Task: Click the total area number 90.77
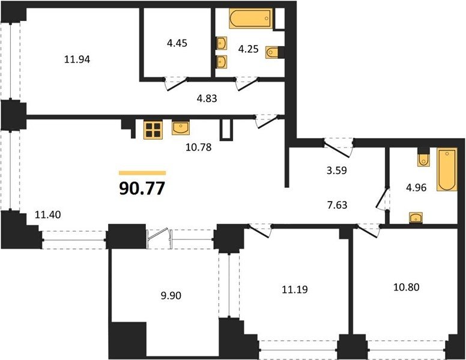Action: point(142,188)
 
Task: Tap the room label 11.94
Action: point(77,60)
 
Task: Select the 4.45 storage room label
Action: point(177,43)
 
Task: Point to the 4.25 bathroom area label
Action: point(249,49)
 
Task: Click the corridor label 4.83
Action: point(207,98)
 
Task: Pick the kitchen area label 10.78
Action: point(199,147)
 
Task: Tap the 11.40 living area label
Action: point(48,214)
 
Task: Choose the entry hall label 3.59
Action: point(337,170)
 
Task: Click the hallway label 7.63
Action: point(337,205)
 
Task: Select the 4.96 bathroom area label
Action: point(416,188)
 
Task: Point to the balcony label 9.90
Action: point(171,296)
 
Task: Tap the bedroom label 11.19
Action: point(295,289)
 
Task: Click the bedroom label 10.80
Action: point(407,287)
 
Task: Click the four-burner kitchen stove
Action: point(153,130)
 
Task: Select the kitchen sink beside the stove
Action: point(181,128)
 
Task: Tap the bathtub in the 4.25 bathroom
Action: point(251,19)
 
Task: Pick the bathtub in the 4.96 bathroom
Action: point(446,169)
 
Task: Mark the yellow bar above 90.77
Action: point(142,173)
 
